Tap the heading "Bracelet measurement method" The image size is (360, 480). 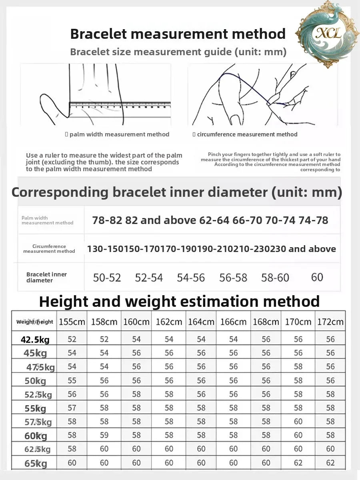(x=178, y=34)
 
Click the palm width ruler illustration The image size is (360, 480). (x=96, y=94)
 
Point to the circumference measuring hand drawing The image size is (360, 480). (x=263, y=94)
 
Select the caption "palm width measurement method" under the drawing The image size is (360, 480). (x=119, y=134)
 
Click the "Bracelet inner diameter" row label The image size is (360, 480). (x=46, y=277)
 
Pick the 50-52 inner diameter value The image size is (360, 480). (x=107, y=277)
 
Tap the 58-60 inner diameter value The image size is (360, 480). (x=275, y=277)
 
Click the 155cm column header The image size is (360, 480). (x=72, y=322)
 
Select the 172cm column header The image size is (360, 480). (x=330, y=322)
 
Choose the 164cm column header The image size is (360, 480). (x=201, y=322)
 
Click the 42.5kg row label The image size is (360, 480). (x=35, y=340)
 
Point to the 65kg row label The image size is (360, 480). (x=35, y=464)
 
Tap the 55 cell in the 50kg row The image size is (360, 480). (x=72, y=381)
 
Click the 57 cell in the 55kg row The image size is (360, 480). (x=72, y=408)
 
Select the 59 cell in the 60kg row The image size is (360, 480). (x=104, y=435)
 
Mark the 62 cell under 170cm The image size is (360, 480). (x=298, y=463)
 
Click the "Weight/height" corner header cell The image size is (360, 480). (x=34, y=322)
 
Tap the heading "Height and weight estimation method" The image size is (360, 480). (x=179, y=301)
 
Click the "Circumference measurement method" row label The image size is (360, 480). (x=49, y=249)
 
